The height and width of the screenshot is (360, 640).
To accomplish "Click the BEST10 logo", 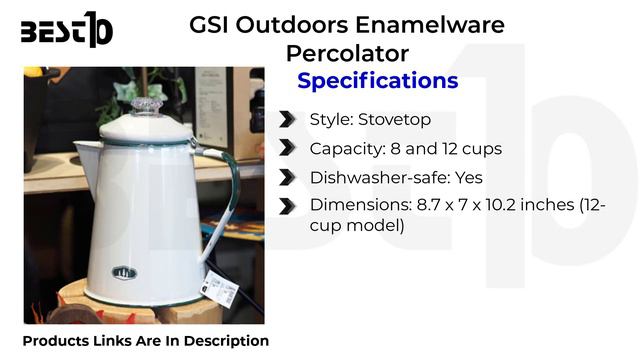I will click(x=66, y=31).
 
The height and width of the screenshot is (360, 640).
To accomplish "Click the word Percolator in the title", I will click(x=346, y=52).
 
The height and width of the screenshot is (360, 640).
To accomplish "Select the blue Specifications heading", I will click(x=378, y=80).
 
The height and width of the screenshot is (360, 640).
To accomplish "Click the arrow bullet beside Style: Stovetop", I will click(x=288, y=120).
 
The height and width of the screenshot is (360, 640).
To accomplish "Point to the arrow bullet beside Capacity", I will click(x=288, y=148).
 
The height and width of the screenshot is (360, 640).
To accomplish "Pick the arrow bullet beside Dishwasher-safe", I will click(x=288, y=177).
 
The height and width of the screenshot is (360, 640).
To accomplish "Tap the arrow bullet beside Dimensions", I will click(x=288, y=205).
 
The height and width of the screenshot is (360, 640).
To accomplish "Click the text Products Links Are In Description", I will click(x=146, y=341).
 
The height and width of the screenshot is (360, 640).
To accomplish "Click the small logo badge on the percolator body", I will click(x=126, y=272).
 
